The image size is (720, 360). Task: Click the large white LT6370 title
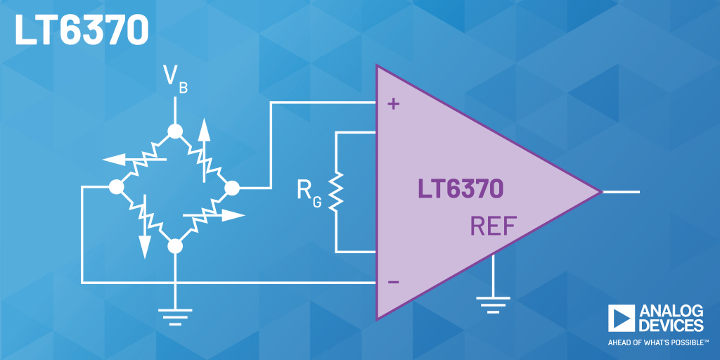(x=82, y=30)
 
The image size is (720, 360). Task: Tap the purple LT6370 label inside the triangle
(x=461, y=189)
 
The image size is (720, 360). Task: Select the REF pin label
(x=493, y=226)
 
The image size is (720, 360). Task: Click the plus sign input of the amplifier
(x=394, y=105)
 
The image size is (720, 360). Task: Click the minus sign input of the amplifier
(x=394, y=282)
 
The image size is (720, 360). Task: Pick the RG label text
(x=307, y=194)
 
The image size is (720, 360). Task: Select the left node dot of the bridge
(x=116, y=188)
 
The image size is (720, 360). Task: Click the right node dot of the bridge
(x=231, y=188)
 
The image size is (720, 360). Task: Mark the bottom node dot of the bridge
(x=174, y=246)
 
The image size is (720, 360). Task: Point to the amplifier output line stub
(x=622, y=191)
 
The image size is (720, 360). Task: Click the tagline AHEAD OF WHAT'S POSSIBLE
(x=655, y=343)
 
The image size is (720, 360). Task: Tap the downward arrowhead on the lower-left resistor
(x=145, y=246)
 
